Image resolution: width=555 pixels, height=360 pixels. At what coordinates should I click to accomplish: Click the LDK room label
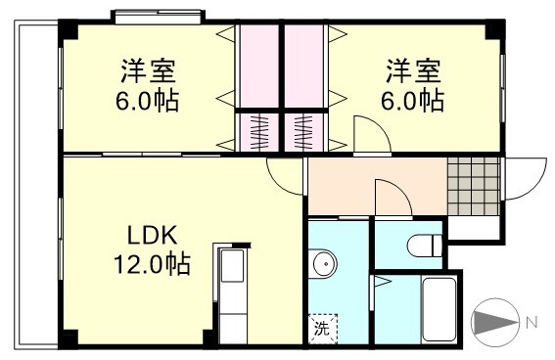(x=150, y=236)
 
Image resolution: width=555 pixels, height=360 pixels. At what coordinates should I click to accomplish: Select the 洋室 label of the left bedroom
(x=149, y=72)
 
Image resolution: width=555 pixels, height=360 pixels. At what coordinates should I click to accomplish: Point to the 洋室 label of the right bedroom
(x=412, y=72)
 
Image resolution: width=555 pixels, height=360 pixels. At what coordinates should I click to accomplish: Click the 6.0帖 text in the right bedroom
(x=412, y=100)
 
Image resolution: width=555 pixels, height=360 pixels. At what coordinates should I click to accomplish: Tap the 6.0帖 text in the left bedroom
(x=149, y=100)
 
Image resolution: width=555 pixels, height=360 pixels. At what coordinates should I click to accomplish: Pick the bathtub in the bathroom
(x=439, y=308)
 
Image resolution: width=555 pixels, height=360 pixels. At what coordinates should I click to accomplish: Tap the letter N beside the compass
(x=532, y=322)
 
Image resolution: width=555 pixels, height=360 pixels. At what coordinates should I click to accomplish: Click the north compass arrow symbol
(x=495, y=322)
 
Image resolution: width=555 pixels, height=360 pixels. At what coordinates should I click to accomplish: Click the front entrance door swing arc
(x=523, y=177)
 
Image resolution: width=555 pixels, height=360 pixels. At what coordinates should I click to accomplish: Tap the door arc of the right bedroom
(x=368, y=133)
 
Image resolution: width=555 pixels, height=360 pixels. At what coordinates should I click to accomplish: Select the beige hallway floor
(x=377, y=186)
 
